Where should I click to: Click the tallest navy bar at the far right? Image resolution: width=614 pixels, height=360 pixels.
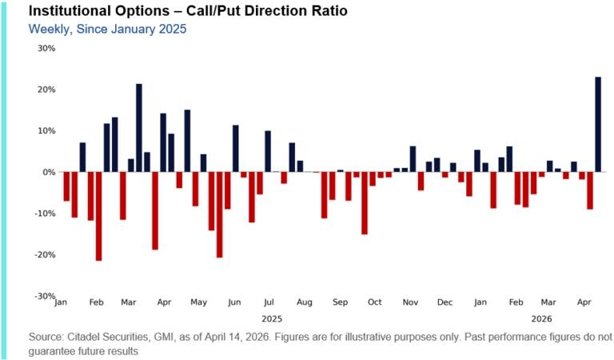point(598,124)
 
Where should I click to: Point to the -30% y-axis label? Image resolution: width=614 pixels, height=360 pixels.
point(45,296)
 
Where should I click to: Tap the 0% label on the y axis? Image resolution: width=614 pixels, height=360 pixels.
point(49,172)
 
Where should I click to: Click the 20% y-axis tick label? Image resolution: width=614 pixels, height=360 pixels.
point(46,90)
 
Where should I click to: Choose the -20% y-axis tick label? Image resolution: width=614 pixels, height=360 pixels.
point(45,255)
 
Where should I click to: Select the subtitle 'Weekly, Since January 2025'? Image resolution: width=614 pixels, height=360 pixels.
point(107,29)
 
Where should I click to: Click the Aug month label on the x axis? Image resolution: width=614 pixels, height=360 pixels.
point(304,303)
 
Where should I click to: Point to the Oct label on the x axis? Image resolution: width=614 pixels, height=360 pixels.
point(374,303)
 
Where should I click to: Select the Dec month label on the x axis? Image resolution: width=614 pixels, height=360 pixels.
point(445,303)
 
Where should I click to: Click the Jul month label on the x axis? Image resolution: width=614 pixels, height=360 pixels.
point(269,303)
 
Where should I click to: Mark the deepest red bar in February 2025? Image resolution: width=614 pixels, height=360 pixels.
point(99,216)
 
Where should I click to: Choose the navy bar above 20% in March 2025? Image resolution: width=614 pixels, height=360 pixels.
point(139,128)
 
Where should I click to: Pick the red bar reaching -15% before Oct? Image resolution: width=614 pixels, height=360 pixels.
point(365,203)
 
